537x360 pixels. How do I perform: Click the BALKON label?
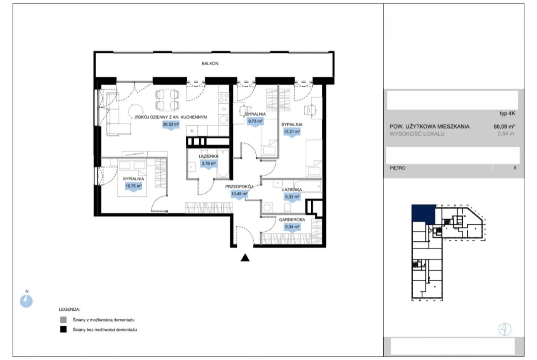point(210,63)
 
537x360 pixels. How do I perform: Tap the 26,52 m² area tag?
point(171,125)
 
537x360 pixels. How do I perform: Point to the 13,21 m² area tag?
point(291,132)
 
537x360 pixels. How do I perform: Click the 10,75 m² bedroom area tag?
point(133,187)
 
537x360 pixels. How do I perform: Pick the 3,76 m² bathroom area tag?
point(208,164)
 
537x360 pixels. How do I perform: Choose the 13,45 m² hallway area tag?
point(239,194)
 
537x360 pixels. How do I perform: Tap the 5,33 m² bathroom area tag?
point(292,198)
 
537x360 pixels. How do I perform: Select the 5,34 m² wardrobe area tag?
point(292,227)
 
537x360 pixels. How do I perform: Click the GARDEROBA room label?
point(292,220)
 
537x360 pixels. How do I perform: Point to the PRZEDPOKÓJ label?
point(239,187)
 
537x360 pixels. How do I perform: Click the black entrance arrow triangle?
point(245,258)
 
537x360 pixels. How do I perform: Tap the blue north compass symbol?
point(26,301)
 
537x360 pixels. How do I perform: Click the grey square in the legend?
point(63,320)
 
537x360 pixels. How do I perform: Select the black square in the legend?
point(63,330)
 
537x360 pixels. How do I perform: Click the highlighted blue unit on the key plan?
point(423,214)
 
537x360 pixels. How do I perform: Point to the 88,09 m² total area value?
point(504,126)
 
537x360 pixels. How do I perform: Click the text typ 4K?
point(507,114)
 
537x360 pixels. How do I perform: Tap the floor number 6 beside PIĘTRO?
point(515,168)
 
